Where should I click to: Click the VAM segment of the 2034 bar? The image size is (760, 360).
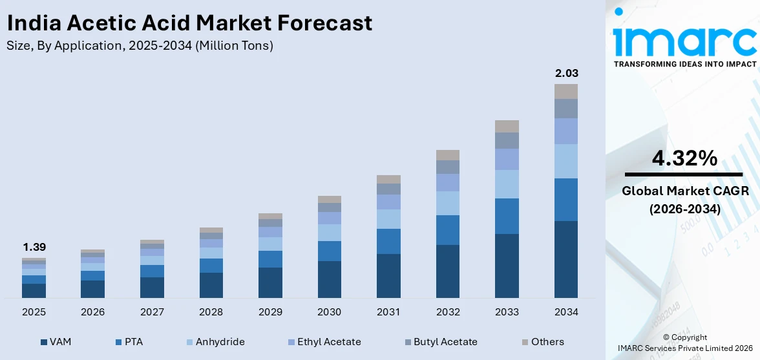pyautogui.click(x=565, y=259)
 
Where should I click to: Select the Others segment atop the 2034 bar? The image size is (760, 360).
pyautogui.click(x=565, y=91)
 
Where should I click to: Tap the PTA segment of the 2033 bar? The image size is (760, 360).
pyautogui.click(x=507, y=216)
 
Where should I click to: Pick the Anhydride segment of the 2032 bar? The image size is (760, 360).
pyautogui.click(x=447, y=203)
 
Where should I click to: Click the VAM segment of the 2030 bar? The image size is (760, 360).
pyautogui.click(x=329, y=279)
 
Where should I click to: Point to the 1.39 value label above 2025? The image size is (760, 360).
pyautogui.click(x=34, y=247)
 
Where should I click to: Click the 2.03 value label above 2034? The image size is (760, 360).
pyautogui.click(x=566, y=73)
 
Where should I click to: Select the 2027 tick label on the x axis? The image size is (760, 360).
pyautogui.click(x=152, y=312)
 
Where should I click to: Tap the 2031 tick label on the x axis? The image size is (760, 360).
pyautogui.click(x=388, y=312)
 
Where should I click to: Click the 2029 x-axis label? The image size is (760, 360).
pyautogui.click(x=270, y=312)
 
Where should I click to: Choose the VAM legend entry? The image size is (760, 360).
pyautogui.click(x=56, y=342)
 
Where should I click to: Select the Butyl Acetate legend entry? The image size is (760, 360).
pyautogui.click(x=439, y=342)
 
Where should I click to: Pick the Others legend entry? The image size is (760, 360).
pyautogui.click(x=542, y=342)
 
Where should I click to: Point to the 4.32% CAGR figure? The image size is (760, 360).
pyautogui.click(x=684, y=158)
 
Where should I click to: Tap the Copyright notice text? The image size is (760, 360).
pyautogui.click(x=684, y=337)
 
